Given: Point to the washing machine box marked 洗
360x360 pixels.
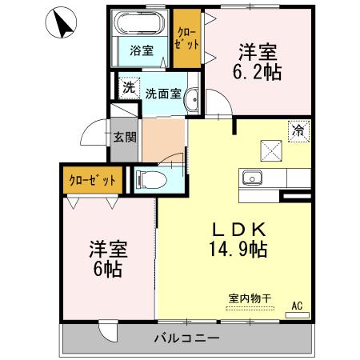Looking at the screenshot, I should click(128, 86).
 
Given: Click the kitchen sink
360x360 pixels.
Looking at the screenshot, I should click(253, 177).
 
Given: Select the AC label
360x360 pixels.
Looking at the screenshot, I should click(297, 305).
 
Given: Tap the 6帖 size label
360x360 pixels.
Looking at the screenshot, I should click(106, 270).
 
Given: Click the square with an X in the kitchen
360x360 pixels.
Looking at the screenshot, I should click(269, 148).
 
